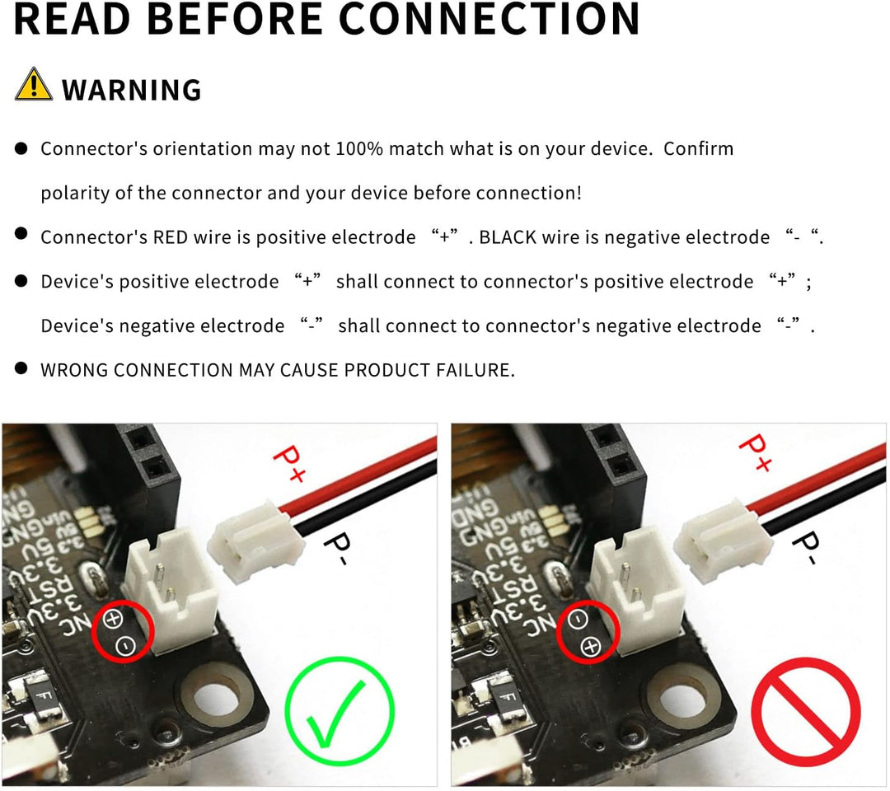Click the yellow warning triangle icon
(x=34, y=85)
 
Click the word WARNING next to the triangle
(x=132, y=90)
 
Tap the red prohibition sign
(x=806, y=712)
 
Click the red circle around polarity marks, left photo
(x=94, y=631)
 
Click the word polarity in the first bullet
(x=75, y=194)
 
